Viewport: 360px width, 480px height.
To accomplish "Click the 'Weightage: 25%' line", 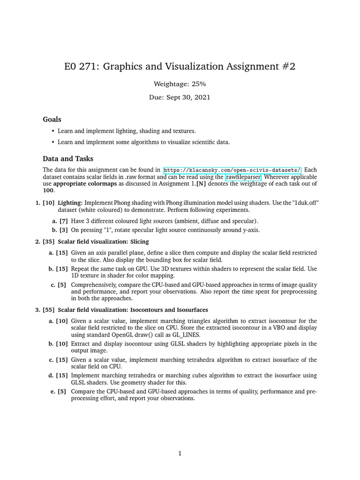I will point(180,84).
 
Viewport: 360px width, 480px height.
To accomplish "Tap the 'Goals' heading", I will point(52,120).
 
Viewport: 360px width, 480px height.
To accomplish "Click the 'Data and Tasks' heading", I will point(68,158).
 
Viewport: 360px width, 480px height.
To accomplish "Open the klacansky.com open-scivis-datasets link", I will point(232,170).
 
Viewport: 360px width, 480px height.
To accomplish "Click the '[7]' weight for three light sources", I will point(63,221).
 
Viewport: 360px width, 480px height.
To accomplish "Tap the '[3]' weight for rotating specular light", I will point(63,230).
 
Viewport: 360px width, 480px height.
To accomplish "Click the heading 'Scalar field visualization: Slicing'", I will point(104,242).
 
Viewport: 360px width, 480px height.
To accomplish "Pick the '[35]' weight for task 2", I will point(48,242).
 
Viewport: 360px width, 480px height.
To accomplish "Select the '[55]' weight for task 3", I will point(48,310).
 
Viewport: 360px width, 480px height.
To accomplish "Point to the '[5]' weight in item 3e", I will point(61,391).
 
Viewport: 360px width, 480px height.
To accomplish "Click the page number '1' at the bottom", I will point(180,453).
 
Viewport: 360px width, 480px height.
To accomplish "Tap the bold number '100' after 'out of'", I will point(48,191).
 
